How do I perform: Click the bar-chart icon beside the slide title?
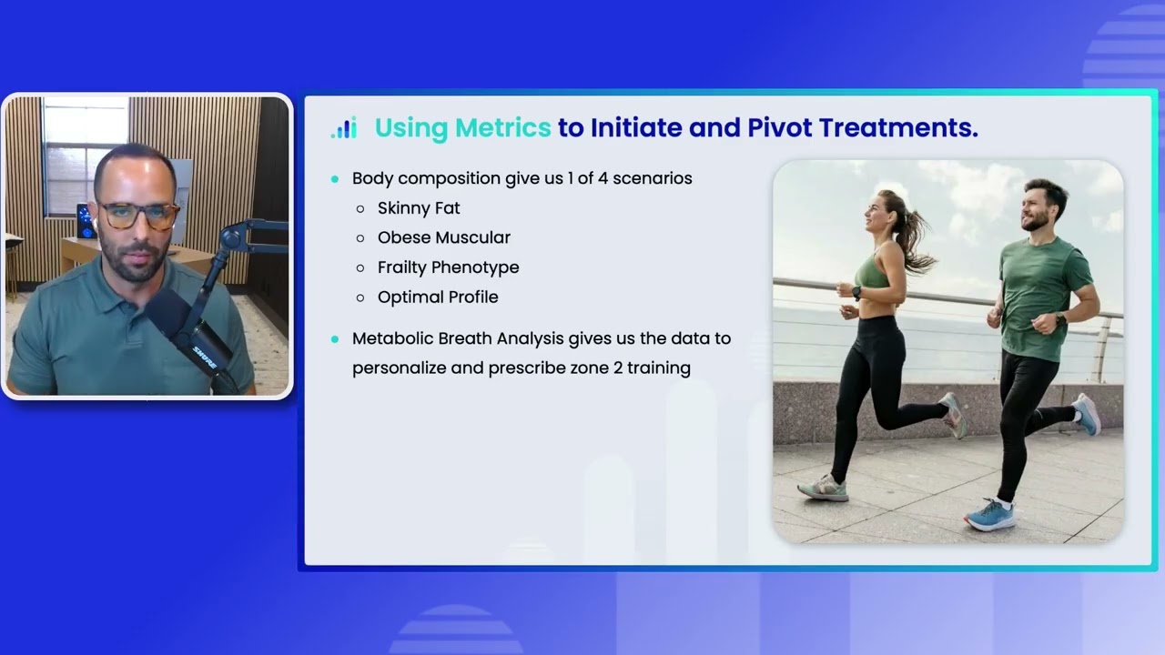[343, 128]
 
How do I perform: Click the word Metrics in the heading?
[503, 128]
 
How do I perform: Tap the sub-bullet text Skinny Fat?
[419, 208]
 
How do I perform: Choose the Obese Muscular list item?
[444, 237]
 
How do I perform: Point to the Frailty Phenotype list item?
[448, 267]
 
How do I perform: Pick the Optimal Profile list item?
[438, 297]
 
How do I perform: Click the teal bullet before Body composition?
[335, 179]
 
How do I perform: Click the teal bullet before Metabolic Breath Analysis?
[335, 338]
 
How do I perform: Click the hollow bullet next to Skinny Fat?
[360, 209]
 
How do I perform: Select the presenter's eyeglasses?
[138, 216]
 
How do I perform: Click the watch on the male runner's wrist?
[1061, 320]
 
